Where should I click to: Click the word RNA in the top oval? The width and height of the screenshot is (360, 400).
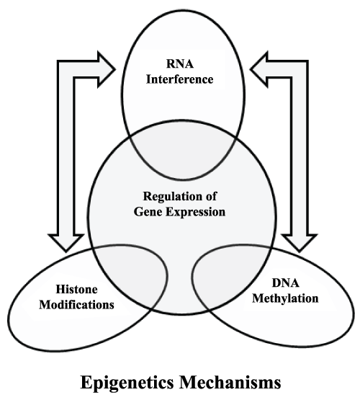coord(180,63)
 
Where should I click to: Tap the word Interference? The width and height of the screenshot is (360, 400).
coord(179,79)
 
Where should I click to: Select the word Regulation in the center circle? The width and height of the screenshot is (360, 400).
coord(169,197)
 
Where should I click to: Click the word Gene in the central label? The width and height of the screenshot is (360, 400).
coord(147,212)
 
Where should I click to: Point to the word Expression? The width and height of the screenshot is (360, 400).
coord(195,212)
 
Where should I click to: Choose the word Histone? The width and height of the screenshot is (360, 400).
coord(77,290)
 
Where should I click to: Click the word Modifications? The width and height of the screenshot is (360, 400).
coord(76,305)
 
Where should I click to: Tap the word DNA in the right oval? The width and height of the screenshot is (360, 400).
coord(285,283)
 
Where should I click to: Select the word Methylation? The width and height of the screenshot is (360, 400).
coord(285,298)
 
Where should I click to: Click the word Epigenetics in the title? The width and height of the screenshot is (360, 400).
coord(127,383)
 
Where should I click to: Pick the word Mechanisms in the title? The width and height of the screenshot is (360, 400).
coord(230,383)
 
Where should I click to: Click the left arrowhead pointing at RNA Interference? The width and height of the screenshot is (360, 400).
coord(107,69)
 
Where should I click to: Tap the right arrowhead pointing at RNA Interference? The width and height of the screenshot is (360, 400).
coord(259,69)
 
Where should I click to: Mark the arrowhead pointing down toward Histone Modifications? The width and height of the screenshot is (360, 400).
coord(66,242)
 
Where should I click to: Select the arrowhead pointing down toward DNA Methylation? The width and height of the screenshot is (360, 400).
coord(299,242)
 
